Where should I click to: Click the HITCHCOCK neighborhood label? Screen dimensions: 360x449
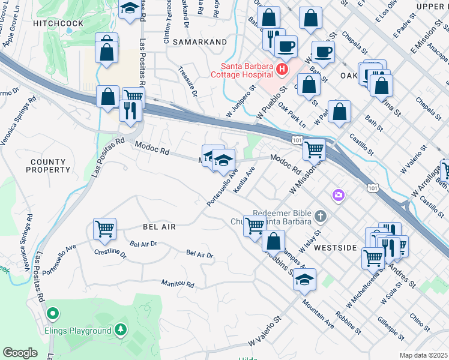point(58,23)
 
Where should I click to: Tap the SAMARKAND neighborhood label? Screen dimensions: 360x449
point(199,42)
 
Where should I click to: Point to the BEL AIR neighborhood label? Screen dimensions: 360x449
point(159,227)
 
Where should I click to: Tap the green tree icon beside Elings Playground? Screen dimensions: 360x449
point(121,329)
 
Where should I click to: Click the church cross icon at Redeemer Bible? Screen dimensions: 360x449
point(321,215)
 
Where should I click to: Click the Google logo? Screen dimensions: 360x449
point(20,352)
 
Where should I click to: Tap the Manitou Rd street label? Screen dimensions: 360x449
point(178,283)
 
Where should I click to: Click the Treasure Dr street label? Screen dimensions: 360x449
point(188,81)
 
